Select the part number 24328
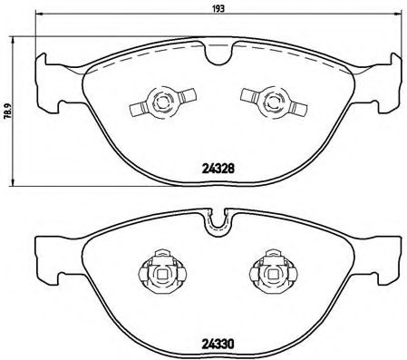[x=216, y=166]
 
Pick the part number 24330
[x=216, y=344]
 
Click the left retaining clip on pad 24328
[x=160, y=102]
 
